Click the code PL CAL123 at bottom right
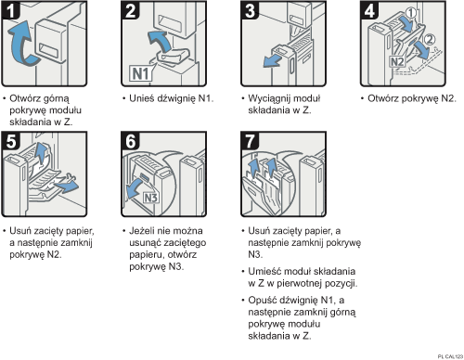coord(446,354)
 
